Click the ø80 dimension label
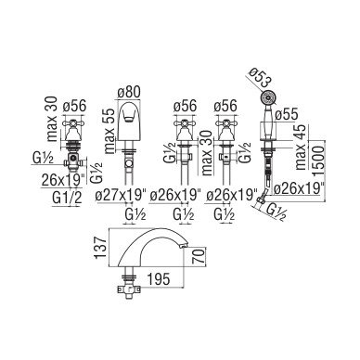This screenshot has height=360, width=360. (129, 92)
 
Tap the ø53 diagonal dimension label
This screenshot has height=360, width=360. (261, 78)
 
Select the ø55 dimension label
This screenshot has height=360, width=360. (287, 114)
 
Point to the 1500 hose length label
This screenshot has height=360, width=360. (319, 161)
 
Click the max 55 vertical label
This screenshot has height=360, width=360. (109, 132)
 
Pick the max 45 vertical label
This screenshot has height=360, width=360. (301, 148)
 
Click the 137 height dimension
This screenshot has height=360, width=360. (101, 249)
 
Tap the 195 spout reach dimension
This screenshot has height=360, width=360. (158, 279)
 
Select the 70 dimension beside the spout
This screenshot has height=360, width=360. (200, 256)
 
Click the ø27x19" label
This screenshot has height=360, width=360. (121, 196)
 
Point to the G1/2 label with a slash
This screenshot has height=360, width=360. (67, 198)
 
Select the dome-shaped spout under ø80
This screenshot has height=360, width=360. (127, 121)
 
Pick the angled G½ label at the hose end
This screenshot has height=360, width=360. (275, 212)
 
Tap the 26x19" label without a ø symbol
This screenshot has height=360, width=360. (63, 179)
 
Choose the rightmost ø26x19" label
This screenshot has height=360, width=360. (299, 187)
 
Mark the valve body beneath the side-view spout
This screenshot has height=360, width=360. (129, 289)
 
